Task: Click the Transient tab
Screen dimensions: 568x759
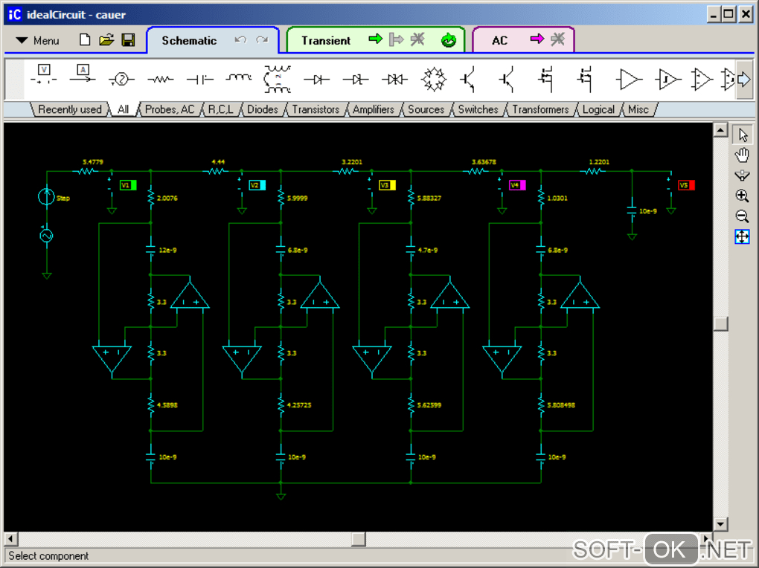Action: pos(326,40)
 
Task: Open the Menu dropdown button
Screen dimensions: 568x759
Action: pos(37,40)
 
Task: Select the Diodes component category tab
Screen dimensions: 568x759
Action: pos(263,109)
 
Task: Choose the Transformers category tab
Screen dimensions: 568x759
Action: pos(540,109)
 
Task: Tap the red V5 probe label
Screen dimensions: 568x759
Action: pos(686,185)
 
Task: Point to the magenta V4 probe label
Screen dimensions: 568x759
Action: pos(516,185)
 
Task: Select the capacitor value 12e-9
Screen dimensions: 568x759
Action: pos(167,250)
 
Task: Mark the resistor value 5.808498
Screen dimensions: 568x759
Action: pos(561,405)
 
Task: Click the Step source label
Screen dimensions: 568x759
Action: pos(63,199)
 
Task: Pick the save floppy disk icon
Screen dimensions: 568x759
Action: pos(128,40)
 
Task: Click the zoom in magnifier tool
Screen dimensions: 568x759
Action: pos(742,196)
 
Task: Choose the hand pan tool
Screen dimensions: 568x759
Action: pos(742,155)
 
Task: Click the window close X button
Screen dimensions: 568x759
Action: pos(746,13)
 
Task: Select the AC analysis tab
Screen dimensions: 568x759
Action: pos(499,40)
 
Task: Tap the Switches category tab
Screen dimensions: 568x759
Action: pos(478,109)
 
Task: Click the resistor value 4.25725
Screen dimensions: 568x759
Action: pos(300,405)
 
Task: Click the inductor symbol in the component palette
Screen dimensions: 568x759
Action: pos(239,77)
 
